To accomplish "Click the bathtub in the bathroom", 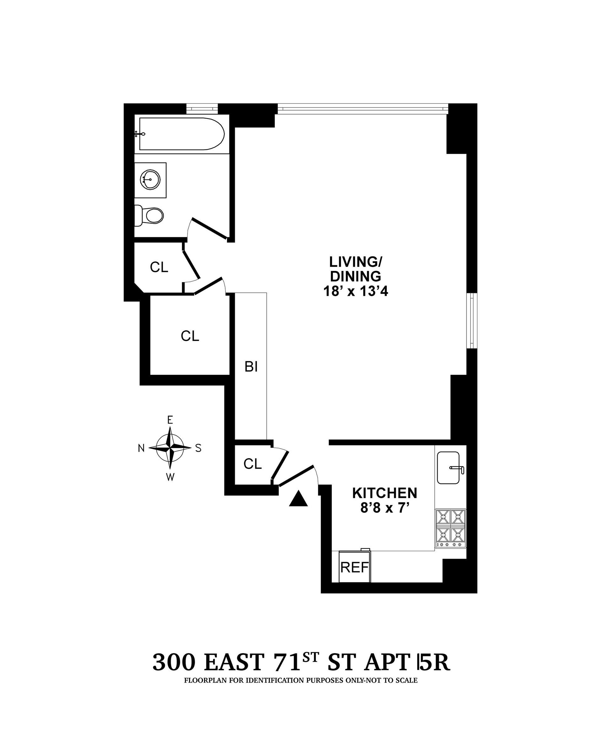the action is coord(181,134).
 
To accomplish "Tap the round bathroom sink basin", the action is coord(150,180).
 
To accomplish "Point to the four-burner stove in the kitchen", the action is coord(450,528).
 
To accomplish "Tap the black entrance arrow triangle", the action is coord(298,499).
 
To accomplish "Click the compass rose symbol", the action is coord(170,448).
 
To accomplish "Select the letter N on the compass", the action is coord(141,449).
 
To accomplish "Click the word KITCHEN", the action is coord(384,493).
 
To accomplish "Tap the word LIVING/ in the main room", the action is coord(356,261).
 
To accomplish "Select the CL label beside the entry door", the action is coord(253,464).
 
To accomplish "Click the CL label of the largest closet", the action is coord(190,336).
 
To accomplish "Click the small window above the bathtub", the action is coord(202,108).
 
